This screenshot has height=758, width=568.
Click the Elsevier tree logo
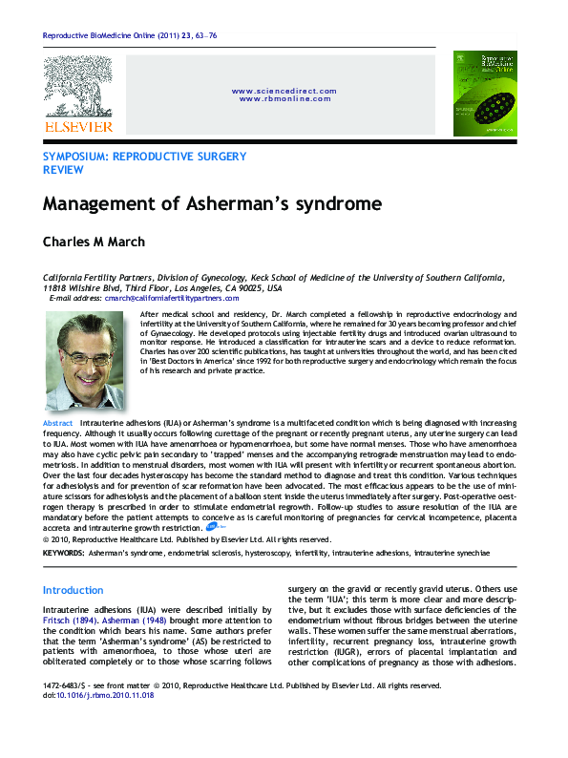pos(77,87)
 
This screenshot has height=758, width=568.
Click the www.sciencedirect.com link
pos(284,91)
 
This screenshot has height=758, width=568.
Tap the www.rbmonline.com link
pos(284,98)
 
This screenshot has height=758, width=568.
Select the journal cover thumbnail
pos(484,94)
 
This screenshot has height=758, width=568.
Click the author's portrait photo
pos(84,362)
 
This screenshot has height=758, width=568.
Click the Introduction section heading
pos(74,591)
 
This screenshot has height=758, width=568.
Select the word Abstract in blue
pos(58,422)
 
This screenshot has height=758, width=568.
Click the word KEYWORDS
pos(63,553)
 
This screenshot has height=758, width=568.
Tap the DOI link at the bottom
pos(113,695)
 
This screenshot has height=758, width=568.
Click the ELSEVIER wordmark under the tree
pos(77,126)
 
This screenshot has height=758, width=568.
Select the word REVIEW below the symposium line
pos(63,169)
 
